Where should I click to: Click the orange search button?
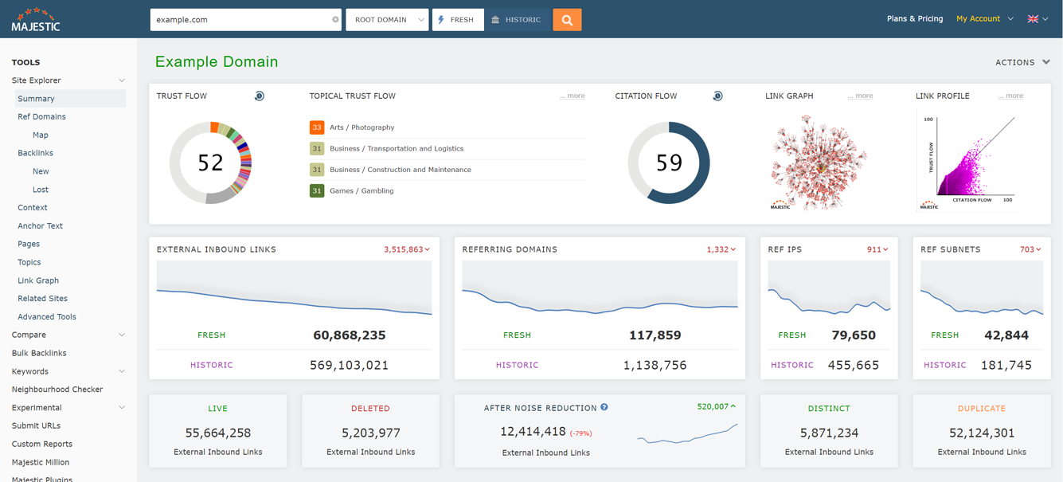click(x=567, y=20)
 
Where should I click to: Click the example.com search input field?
click(x=239, y=20)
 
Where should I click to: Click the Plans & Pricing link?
click(x=914, y=19)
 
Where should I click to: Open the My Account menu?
click(x=984, y=19)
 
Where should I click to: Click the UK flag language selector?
click(x=1038, y=19)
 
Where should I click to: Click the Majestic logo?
click(x=35, y=19)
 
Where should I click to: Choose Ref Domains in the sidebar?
click(x=41, y=117)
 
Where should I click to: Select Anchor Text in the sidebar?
click(x=40, y=226)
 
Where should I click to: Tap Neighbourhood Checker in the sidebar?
click(x=57, y=390)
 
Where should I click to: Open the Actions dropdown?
click(x=1022, y=62)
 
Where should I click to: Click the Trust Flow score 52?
click(x=210, y=163)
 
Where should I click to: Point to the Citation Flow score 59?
click(x=669, y=163)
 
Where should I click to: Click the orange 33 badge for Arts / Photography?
click(x=317, y=127)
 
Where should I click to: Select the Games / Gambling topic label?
click(x=361, y=191)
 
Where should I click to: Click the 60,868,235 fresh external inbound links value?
click(x=349, y=335)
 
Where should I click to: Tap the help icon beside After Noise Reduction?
click(x=604, y=408)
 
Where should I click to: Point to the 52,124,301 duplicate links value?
click(x=981, y=433)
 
